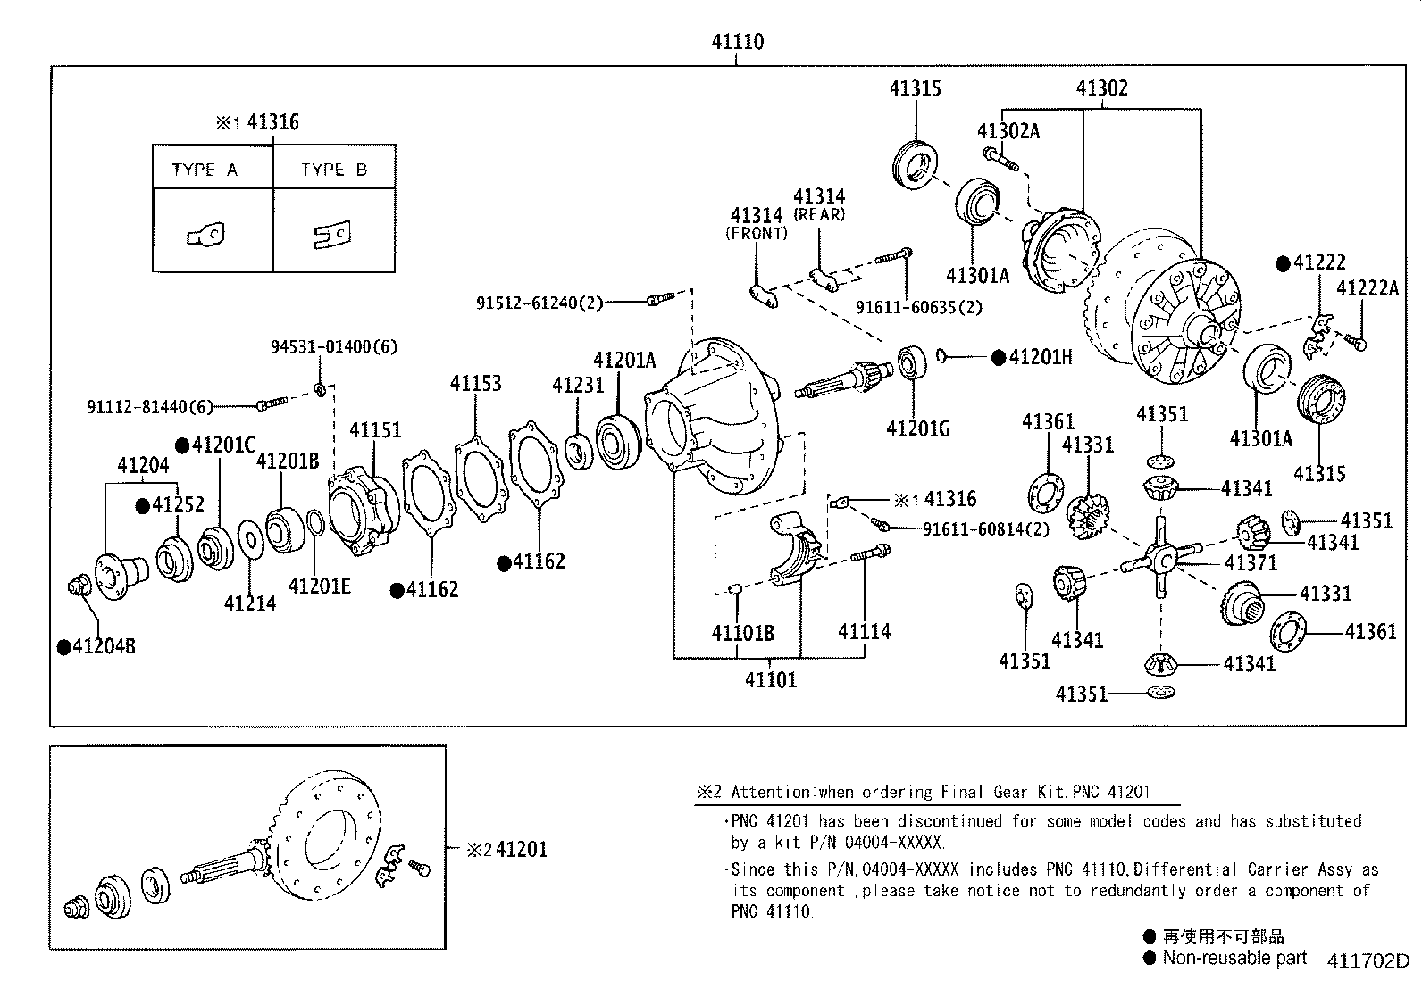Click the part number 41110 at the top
(737, 41)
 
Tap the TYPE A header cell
(205, 170)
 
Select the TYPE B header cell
(334, 170)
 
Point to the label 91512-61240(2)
(540, 303)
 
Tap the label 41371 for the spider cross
(1251, 562)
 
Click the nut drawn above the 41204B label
(78, 586)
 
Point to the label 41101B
(742, 633)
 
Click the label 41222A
(1367, 287)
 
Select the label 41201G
(917, 429)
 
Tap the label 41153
(475, 383)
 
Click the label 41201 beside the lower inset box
(521, 849)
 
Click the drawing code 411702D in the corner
(1367, 961)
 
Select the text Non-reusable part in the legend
(1234, 958)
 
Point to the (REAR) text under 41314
(819, 214)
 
